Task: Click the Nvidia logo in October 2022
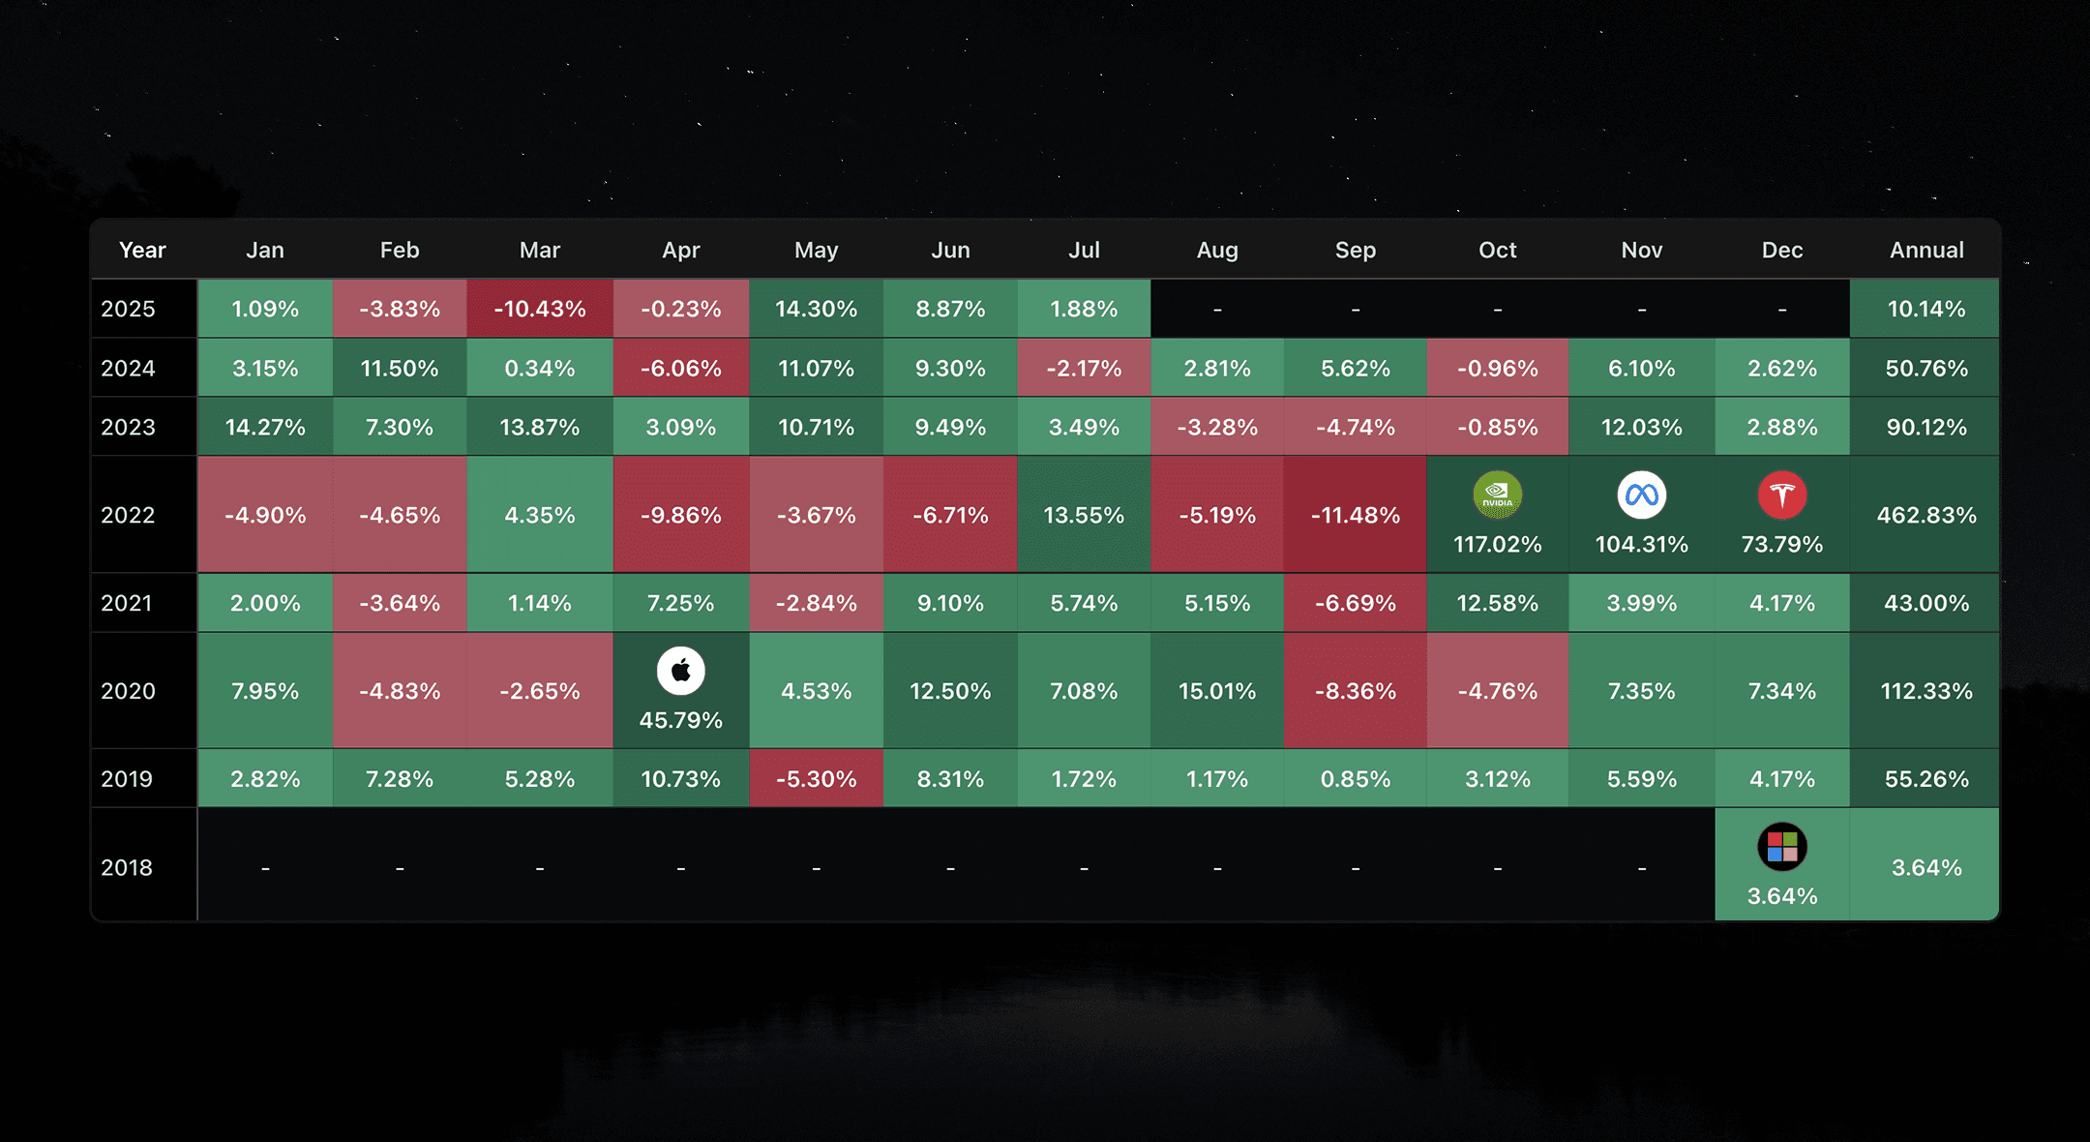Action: (1497, 496)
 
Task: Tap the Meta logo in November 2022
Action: (1641, 496)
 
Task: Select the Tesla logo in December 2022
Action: (1781, 496)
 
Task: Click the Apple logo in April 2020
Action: (680, 671)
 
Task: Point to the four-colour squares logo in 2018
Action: (1781, 847)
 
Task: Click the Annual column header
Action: (1926, 250)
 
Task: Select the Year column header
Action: (142, 250)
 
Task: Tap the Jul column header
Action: (1084, 250)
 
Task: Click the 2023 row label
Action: (128, 427)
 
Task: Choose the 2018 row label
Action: (127, 867)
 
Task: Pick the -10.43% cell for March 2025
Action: (540, 309)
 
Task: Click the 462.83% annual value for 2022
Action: (1926, 515)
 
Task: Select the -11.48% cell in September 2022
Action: (1355, 515)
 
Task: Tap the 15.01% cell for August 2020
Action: (1217, 691)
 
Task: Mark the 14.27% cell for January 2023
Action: (265, 427)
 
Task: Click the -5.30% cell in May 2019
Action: (817, 779)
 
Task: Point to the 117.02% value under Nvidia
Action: (1497, 544)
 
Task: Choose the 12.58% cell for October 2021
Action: (1497, 603)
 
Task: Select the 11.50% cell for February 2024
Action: (400, 368)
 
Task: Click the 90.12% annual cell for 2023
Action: (1926, 427)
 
